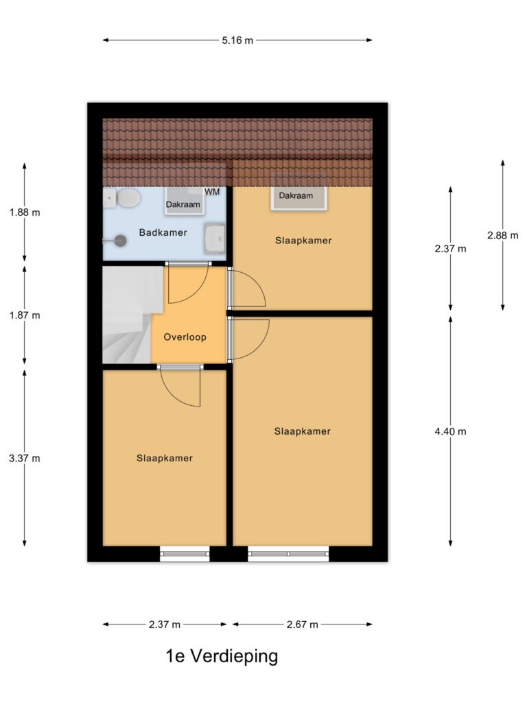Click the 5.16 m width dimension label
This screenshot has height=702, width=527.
click(x=237, y=40)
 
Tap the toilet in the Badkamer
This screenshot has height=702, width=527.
click(x=123, y=198)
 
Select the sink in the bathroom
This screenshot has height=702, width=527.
click(x=215, y=238)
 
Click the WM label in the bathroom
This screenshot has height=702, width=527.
click(x=212, y=192)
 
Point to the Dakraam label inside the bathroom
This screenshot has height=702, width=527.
click(x=183, y=204)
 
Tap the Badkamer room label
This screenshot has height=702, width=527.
click(x=163, y=232)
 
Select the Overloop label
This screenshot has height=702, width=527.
click(x=185, y=337)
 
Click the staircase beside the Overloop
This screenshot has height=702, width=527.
click(x=128, y=315)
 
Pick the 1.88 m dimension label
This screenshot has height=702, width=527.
click(x=25, y=213)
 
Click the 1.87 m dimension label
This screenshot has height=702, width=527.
click(x=25, y=315)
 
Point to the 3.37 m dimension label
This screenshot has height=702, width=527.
click(x=25, y=459)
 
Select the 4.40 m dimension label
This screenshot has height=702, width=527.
click(x=450, y=432)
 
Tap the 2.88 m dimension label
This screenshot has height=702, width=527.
click(x=503, y=235)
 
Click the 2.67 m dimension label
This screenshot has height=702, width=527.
click(x=303, y=625)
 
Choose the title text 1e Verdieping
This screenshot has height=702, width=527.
click(x=222, y=656)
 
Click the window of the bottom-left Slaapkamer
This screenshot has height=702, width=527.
click(x=185, y=554)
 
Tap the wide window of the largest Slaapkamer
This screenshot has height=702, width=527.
click(x=288, y=554)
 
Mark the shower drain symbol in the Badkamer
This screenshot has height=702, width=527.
click(x=120, y=241)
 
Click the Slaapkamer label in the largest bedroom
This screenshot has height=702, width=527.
click(x=303, y=431)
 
